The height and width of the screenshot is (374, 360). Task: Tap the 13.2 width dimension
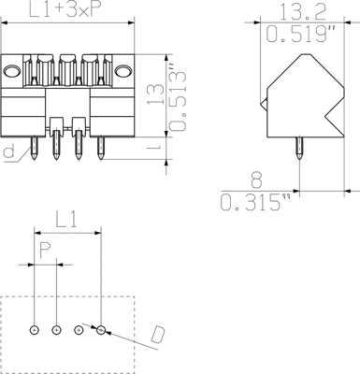[288, 12]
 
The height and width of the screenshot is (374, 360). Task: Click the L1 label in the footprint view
[67, 221]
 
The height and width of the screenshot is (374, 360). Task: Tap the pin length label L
[154, 149]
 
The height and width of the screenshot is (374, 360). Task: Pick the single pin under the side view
[301, 144]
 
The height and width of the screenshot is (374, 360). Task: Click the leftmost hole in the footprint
[35, 329]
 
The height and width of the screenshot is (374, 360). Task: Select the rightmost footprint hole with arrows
[102, 329]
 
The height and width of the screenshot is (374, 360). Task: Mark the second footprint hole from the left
[56, 329]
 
